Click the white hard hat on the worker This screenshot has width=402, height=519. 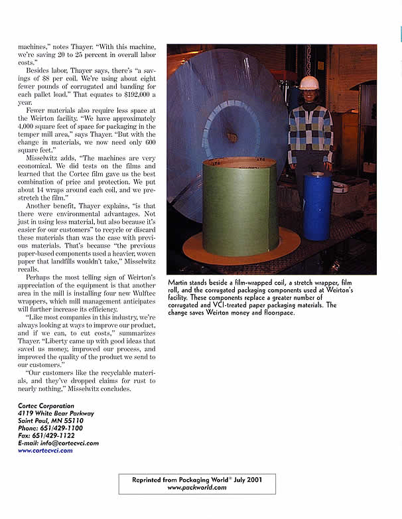coord(308,83)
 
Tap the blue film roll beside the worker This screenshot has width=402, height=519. coord(317,197)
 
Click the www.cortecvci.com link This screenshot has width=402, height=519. coord(45,450)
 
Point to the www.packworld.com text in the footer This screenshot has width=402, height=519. coord(197,487)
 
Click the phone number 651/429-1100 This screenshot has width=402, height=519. coord(65,428)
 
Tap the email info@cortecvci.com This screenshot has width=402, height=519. coord(72,443)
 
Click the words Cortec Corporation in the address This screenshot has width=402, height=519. coord(46,406)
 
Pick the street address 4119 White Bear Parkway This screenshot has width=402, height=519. coord(56,413)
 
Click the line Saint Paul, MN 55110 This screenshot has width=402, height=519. coord(50,420)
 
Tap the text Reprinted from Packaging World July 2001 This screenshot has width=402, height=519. coord(197,479)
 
